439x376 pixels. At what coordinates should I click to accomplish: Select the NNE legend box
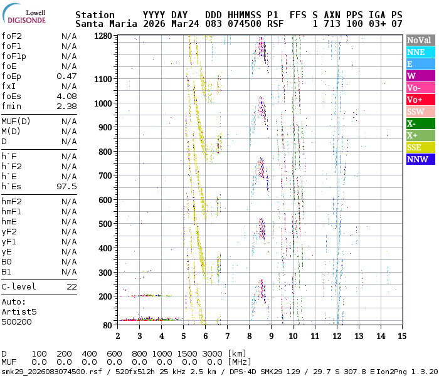[x=420, y=53]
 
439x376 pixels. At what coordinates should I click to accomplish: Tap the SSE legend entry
[x=420, y=147]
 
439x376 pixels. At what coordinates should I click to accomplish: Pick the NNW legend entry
[x=420, y=159]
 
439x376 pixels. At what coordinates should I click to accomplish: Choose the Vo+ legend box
[x=420, y=100]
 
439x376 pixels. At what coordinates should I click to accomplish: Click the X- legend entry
[x=420, y=123]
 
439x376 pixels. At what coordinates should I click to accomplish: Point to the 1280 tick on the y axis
[x=103, y=36]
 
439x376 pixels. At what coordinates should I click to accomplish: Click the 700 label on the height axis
[x=105, y=175]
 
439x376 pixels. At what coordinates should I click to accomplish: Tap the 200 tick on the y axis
[x=105, y=296]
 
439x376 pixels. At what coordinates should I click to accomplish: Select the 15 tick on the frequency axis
[x=403, y=335]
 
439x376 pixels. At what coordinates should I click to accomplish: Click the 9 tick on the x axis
[x=272, y=335]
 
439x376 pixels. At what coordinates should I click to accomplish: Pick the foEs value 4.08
[x=66, y=96]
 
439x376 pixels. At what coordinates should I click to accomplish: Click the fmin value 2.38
[x=66, y=106]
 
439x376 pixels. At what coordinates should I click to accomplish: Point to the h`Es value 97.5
[x=66, y=186]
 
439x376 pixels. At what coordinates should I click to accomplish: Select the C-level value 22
[x=71, y=286]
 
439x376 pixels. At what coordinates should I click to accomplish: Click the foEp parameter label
[x=13, y=76]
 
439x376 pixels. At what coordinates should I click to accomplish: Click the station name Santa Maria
[x=102, y=24]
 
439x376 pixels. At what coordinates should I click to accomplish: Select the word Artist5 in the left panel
[x=19, y=311]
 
